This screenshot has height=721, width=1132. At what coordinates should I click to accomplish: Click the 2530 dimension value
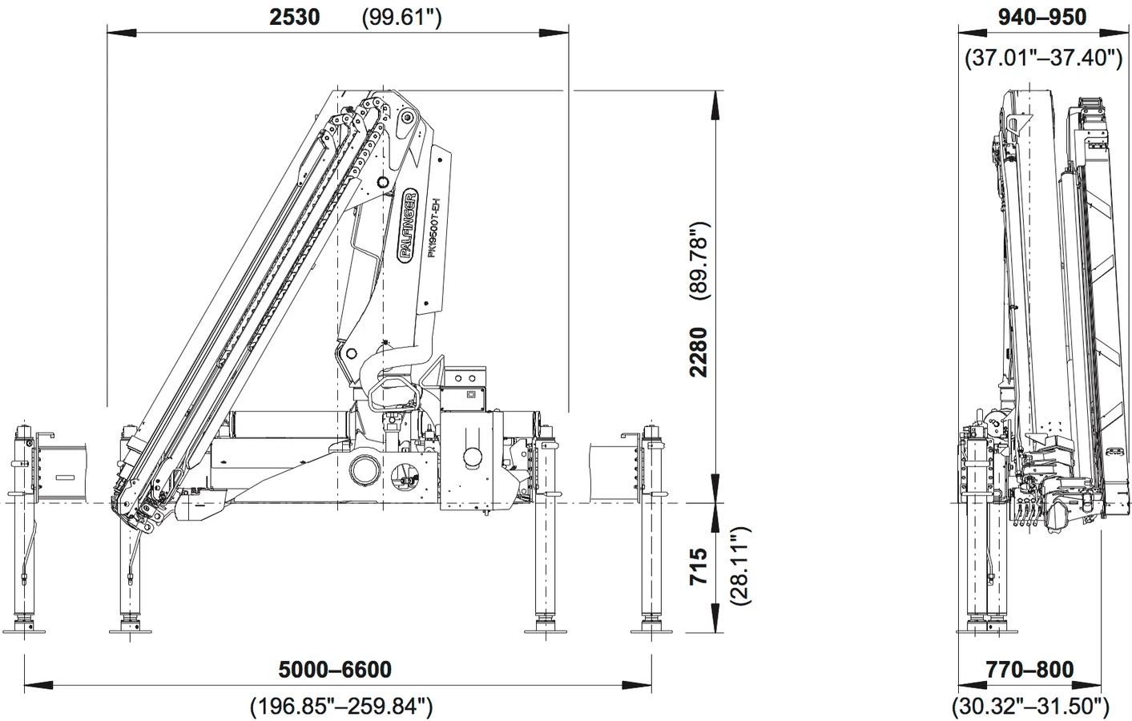(x=295, y=17)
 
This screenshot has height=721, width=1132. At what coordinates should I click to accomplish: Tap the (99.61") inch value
(x=401, y=18)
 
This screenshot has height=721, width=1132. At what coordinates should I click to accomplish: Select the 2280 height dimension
(x=699, y=352)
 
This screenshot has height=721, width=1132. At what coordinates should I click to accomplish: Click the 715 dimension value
(x=699, y=566)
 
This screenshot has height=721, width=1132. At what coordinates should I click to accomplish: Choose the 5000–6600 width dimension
(x=335, y=670)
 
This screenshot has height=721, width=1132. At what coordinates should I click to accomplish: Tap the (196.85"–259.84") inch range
(x=341, y=706)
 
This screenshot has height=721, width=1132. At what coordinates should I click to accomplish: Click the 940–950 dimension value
(x=1042, y=17)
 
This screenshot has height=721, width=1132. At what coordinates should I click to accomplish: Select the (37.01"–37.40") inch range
(x=1043, y=58)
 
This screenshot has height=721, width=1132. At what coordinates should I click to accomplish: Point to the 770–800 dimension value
(x=1029, y=670)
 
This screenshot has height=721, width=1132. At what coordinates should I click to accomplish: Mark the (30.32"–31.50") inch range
(x=1030, y=706)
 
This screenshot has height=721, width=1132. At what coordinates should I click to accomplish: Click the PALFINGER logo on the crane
(x=409, y=226)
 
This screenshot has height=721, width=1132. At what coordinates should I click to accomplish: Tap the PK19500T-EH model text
(x=434, y=228)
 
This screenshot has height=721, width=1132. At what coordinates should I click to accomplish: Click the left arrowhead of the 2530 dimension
(x=122, y=33)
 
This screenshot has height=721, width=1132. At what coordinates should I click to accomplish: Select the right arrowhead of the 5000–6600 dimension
(x=637, y=686)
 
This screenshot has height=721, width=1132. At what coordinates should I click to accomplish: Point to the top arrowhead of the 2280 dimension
(x=715, y=105)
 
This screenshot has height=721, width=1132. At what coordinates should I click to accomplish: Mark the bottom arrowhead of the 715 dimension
(x=715, y=618)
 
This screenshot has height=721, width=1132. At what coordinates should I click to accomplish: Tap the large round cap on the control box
(x=473, y=458)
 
